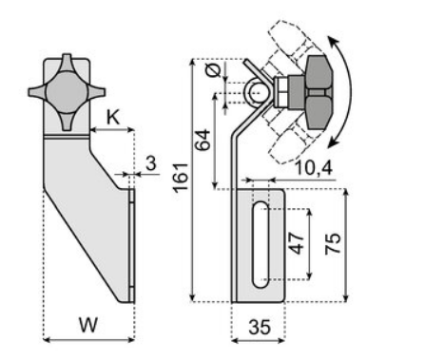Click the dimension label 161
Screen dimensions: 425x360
coord(181,178)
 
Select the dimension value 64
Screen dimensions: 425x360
coord(203,140)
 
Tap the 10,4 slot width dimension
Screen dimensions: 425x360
coord(314,168)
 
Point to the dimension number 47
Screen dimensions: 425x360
coord(297,244)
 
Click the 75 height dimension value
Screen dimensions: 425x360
coord(333,244)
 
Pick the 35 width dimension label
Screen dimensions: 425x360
coord(260,327)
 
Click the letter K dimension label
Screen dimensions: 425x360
coord(113,118)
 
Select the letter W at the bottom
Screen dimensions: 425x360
coord(88,325)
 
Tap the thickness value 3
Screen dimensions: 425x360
coord(151,163)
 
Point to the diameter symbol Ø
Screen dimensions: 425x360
coord(214,71)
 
